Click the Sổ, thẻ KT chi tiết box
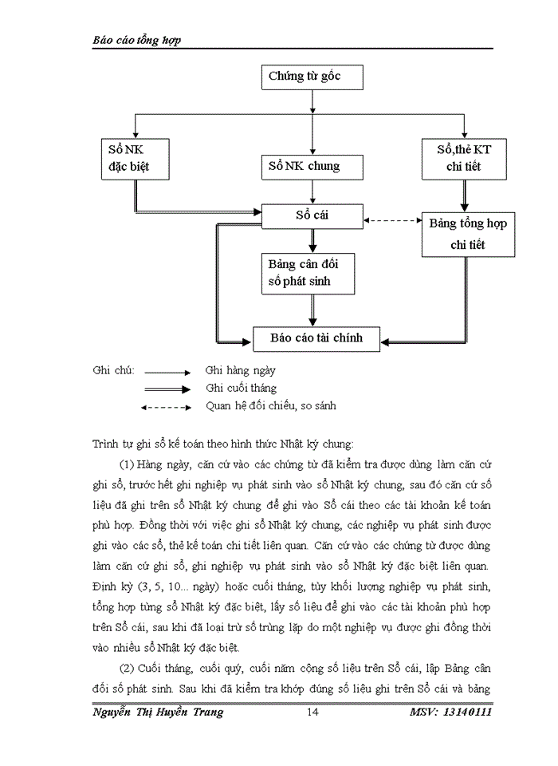(463, 158)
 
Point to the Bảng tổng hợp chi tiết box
(467, 234)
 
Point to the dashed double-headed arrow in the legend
(166, 407)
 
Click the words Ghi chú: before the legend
(113, 371)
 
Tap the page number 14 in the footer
(313, 713)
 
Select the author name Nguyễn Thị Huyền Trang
(158, 713)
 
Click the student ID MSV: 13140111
(451, 713)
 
